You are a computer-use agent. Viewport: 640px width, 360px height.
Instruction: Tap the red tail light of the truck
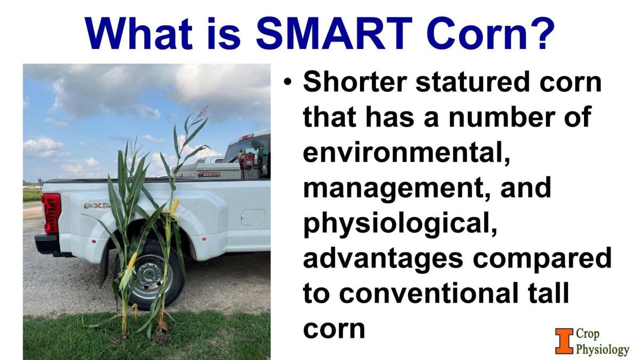click(x=51, y=213)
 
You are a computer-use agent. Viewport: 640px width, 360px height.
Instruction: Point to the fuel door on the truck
click(x=252, y=217)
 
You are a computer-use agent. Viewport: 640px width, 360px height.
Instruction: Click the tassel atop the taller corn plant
click(x=201, y=113)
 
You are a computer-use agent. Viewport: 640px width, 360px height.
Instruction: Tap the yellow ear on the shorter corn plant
click(x=132, y=261)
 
